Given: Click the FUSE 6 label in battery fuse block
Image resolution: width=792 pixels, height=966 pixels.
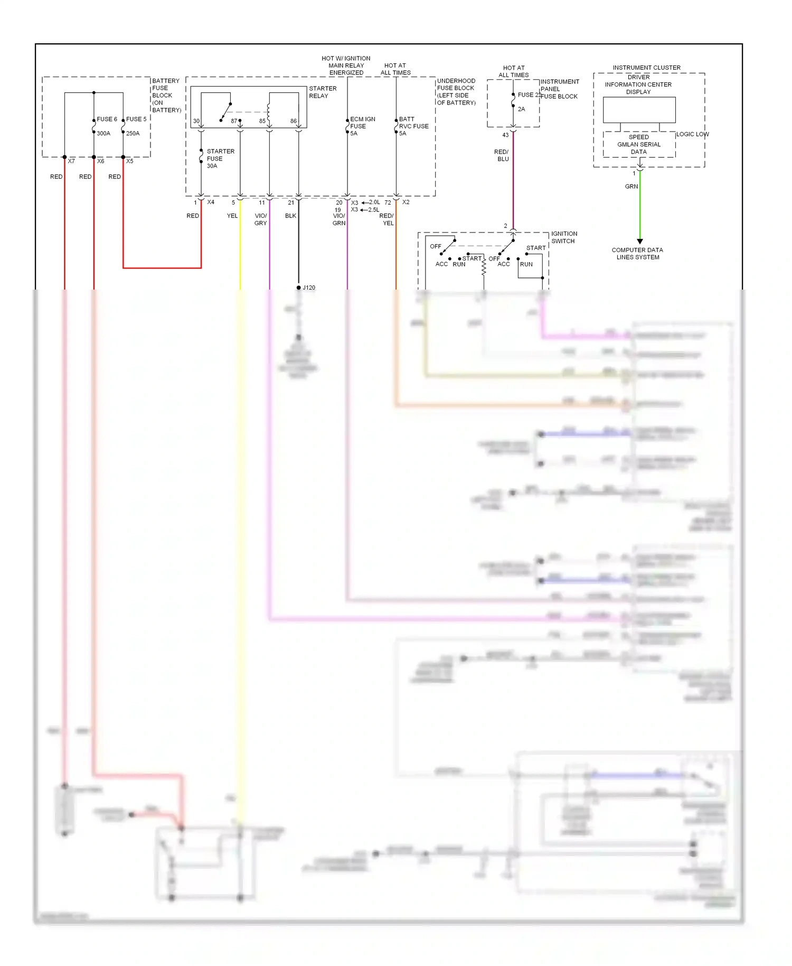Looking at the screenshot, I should (x=107, y=119).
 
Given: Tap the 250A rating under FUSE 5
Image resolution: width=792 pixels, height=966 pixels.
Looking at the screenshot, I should (x=133, y=134).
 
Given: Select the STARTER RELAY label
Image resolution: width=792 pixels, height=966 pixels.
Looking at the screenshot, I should (x=323, y=92).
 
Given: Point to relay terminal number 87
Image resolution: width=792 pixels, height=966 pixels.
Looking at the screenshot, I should (x=234, y=122).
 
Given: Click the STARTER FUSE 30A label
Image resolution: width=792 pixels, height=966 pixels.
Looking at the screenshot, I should (x=220, y=159).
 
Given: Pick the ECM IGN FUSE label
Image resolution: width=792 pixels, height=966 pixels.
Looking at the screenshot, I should (x=362, y=126).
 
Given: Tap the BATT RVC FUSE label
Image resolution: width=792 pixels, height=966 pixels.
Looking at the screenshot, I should (x=413, y=126).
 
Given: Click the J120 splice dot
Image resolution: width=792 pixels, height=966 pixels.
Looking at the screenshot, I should (x=299, y=288).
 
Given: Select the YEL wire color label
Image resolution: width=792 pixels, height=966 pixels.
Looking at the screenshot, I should (x=232, y=216).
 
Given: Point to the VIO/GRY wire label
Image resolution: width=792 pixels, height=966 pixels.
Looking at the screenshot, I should (x=261, y=220).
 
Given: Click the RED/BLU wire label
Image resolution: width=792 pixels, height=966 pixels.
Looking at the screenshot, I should (x=502, y=155).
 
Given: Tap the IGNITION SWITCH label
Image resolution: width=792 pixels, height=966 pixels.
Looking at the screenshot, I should (x=564, y=237).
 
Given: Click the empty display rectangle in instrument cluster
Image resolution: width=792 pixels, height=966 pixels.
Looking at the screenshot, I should (x=639, y=110).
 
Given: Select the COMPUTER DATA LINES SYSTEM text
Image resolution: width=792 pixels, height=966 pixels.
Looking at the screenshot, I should (x=637, y=254).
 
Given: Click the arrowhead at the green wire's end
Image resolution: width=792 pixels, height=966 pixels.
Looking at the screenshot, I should (x=640, y=241).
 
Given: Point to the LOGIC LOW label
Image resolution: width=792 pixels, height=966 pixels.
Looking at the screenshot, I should (x=692, y=134).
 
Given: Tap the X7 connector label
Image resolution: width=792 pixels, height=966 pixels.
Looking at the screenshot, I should (x=71, y=161).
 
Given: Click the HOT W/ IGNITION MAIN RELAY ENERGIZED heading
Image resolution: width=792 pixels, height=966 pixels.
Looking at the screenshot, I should (x=346, y=66).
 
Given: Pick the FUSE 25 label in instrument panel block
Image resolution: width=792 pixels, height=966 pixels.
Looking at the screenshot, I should (x=529, y=95).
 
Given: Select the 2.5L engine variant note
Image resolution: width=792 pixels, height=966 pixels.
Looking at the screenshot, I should (x=373, y=210).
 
